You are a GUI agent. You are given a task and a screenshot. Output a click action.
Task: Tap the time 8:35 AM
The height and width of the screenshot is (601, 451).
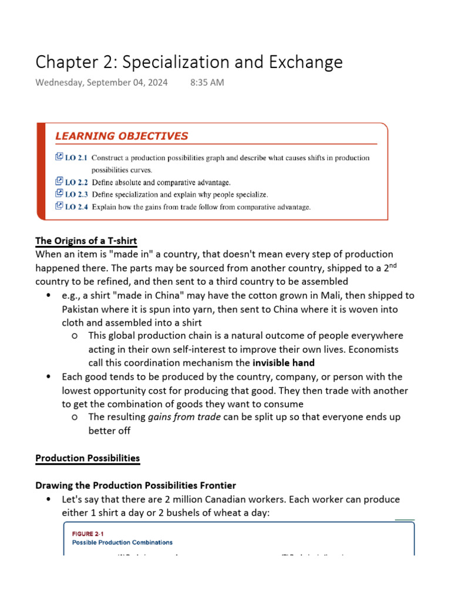coord(207,83)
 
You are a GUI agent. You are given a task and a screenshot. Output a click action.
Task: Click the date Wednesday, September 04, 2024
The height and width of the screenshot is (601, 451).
coord(102,83)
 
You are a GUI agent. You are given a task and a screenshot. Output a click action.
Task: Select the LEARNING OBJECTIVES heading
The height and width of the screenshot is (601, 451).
coord(122,136)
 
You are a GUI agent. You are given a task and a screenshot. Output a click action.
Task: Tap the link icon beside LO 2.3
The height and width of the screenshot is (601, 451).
coord(59,194)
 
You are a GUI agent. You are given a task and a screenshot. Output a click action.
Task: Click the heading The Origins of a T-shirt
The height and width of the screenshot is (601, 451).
coord(86,241)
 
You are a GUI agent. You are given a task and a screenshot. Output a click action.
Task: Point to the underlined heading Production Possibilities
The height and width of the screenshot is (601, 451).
coord(87,458)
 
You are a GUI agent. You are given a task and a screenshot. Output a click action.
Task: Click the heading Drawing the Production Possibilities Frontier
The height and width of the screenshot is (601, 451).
coord(136,485)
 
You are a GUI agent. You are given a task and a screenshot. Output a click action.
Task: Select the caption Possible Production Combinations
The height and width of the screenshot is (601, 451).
coord(122,543)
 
